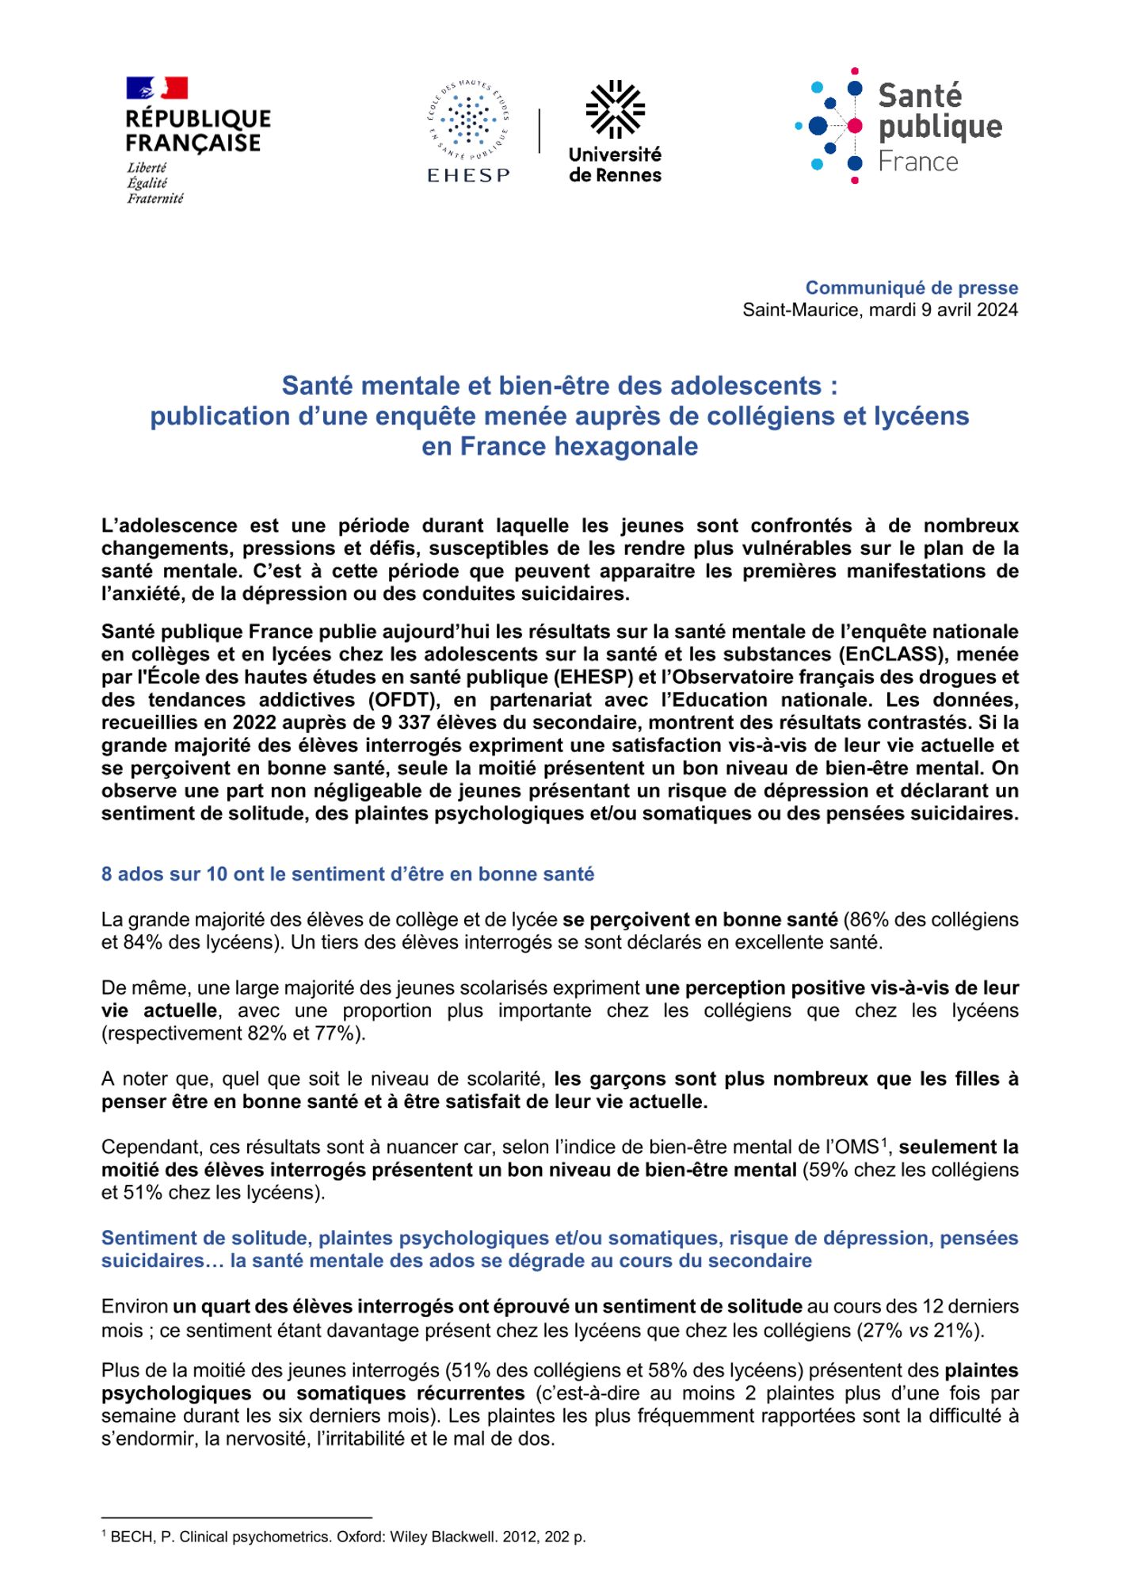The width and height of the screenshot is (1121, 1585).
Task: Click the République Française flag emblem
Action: (x=157, y=88)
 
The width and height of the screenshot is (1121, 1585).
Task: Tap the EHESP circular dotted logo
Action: (x=467, y=121)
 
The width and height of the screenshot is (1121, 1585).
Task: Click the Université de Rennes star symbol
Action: (x=615, y=109)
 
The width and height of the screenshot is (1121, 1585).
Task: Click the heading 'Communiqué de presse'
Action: (x=911, y=288)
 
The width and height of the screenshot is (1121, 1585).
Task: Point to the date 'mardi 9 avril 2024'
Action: (x=943, y=310)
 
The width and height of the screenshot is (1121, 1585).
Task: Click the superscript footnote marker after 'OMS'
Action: (x=884, y=1142)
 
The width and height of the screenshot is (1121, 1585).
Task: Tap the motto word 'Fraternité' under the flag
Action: (x=155, y=198)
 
